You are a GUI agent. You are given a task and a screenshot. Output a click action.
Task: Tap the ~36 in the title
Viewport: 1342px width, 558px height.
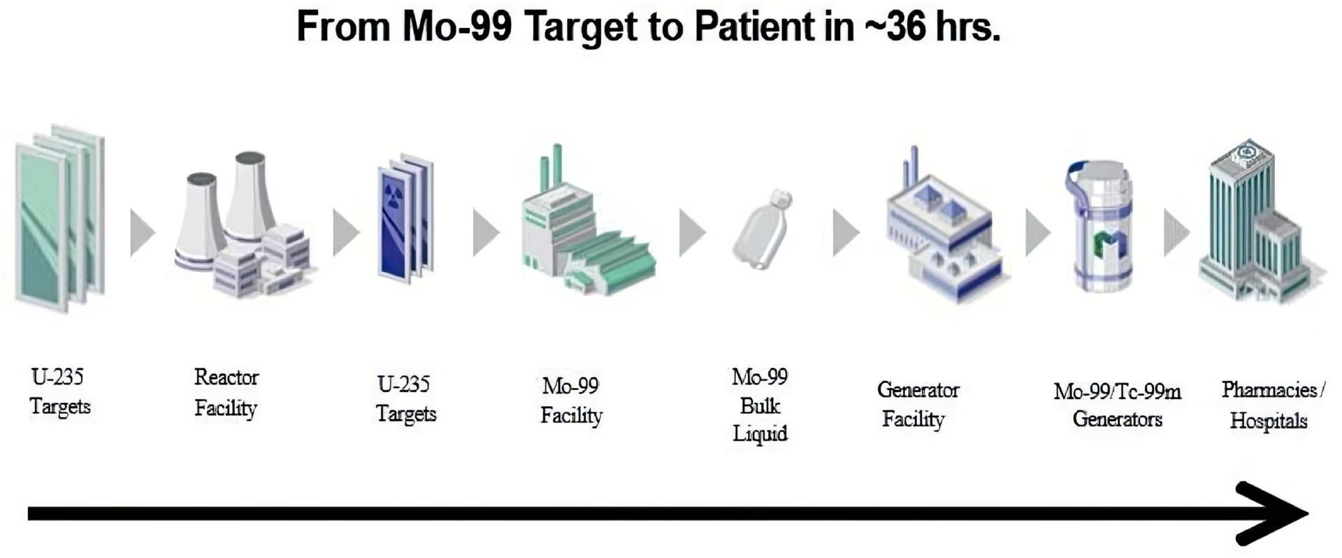coord(897,28)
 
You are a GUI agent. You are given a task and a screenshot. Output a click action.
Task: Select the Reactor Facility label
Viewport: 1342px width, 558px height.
coord(226,393)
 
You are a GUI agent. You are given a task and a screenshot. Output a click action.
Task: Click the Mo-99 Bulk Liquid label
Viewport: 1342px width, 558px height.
coord(760,406)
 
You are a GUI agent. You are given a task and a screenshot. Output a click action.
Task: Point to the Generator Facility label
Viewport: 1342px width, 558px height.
coord(918,404)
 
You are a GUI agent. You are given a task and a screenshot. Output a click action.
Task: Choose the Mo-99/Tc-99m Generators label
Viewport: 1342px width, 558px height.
coord(1117,405)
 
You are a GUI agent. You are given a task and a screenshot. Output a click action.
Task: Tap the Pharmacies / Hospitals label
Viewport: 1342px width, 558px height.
coord(1272,405)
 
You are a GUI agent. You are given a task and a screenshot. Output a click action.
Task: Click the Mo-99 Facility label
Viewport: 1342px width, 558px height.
coord(571,400)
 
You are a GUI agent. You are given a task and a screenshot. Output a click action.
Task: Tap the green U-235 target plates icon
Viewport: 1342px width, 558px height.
coord(60,218)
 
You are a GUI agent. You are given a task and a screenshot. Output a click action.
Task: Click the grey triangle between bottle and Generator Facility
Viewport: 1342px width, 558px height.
coord(846,232)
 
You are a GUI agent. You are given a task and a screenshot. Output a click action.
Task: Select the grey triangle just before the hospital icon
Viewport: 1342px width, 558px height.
coord(1176,232)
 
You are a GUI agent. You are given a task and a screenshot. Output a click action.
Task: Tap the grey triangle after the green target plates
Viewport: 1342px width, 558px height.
coord(143,232)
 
